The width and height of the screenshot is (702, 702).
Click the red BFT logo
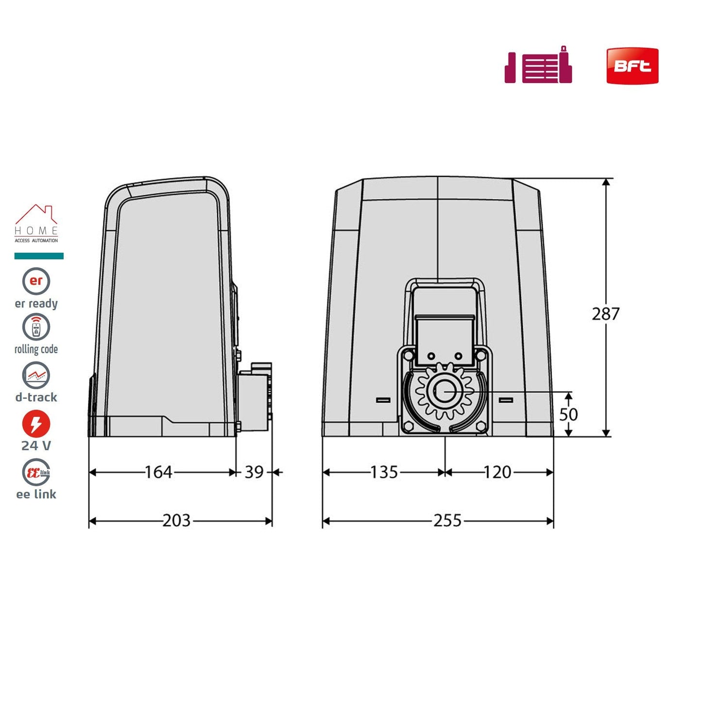click(x=632, y=66)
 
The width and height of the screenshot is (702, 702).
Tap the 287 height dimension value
click(x=605, y=314)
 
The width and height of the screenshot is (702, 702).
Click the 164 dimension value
click(x=158, y=472)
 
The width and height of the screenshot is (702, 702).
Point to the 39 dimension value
click(x=254, y=472)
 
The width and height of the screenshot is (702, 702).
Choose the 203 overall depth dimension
click(x=176, y=521)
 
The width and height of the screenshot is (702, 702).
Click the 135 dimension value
click(x=384, y=472)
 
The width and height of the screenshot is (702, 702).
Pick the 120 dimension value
click(x=497, y=472)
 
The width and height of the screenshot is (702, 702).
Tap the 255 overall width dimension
click(x=447, y=521)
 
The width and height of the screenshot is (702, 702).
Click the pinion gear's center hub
click(x=445, y=393)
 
